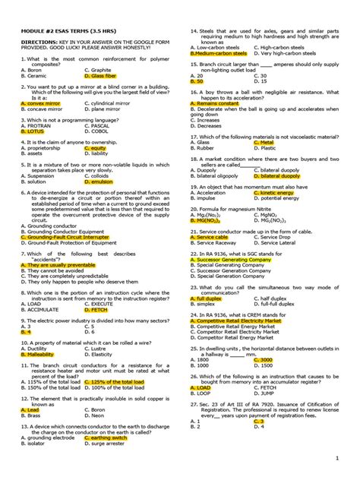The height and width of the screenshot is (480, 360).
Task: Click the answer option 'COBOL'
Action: [99, 131]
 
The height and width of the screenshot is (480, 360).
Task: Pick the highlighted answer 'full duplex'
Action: [210, 298]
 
